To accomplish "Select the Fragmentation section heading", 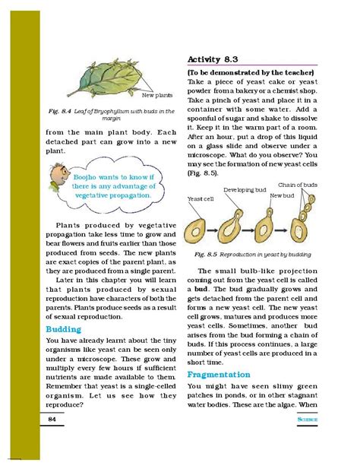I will pos(219,375).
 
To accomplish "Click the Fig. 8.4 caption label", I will pos(62,111).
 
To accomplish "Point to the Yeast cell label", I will pos(199,198).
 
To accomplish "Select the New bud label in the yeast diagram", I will pos(282,195).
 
